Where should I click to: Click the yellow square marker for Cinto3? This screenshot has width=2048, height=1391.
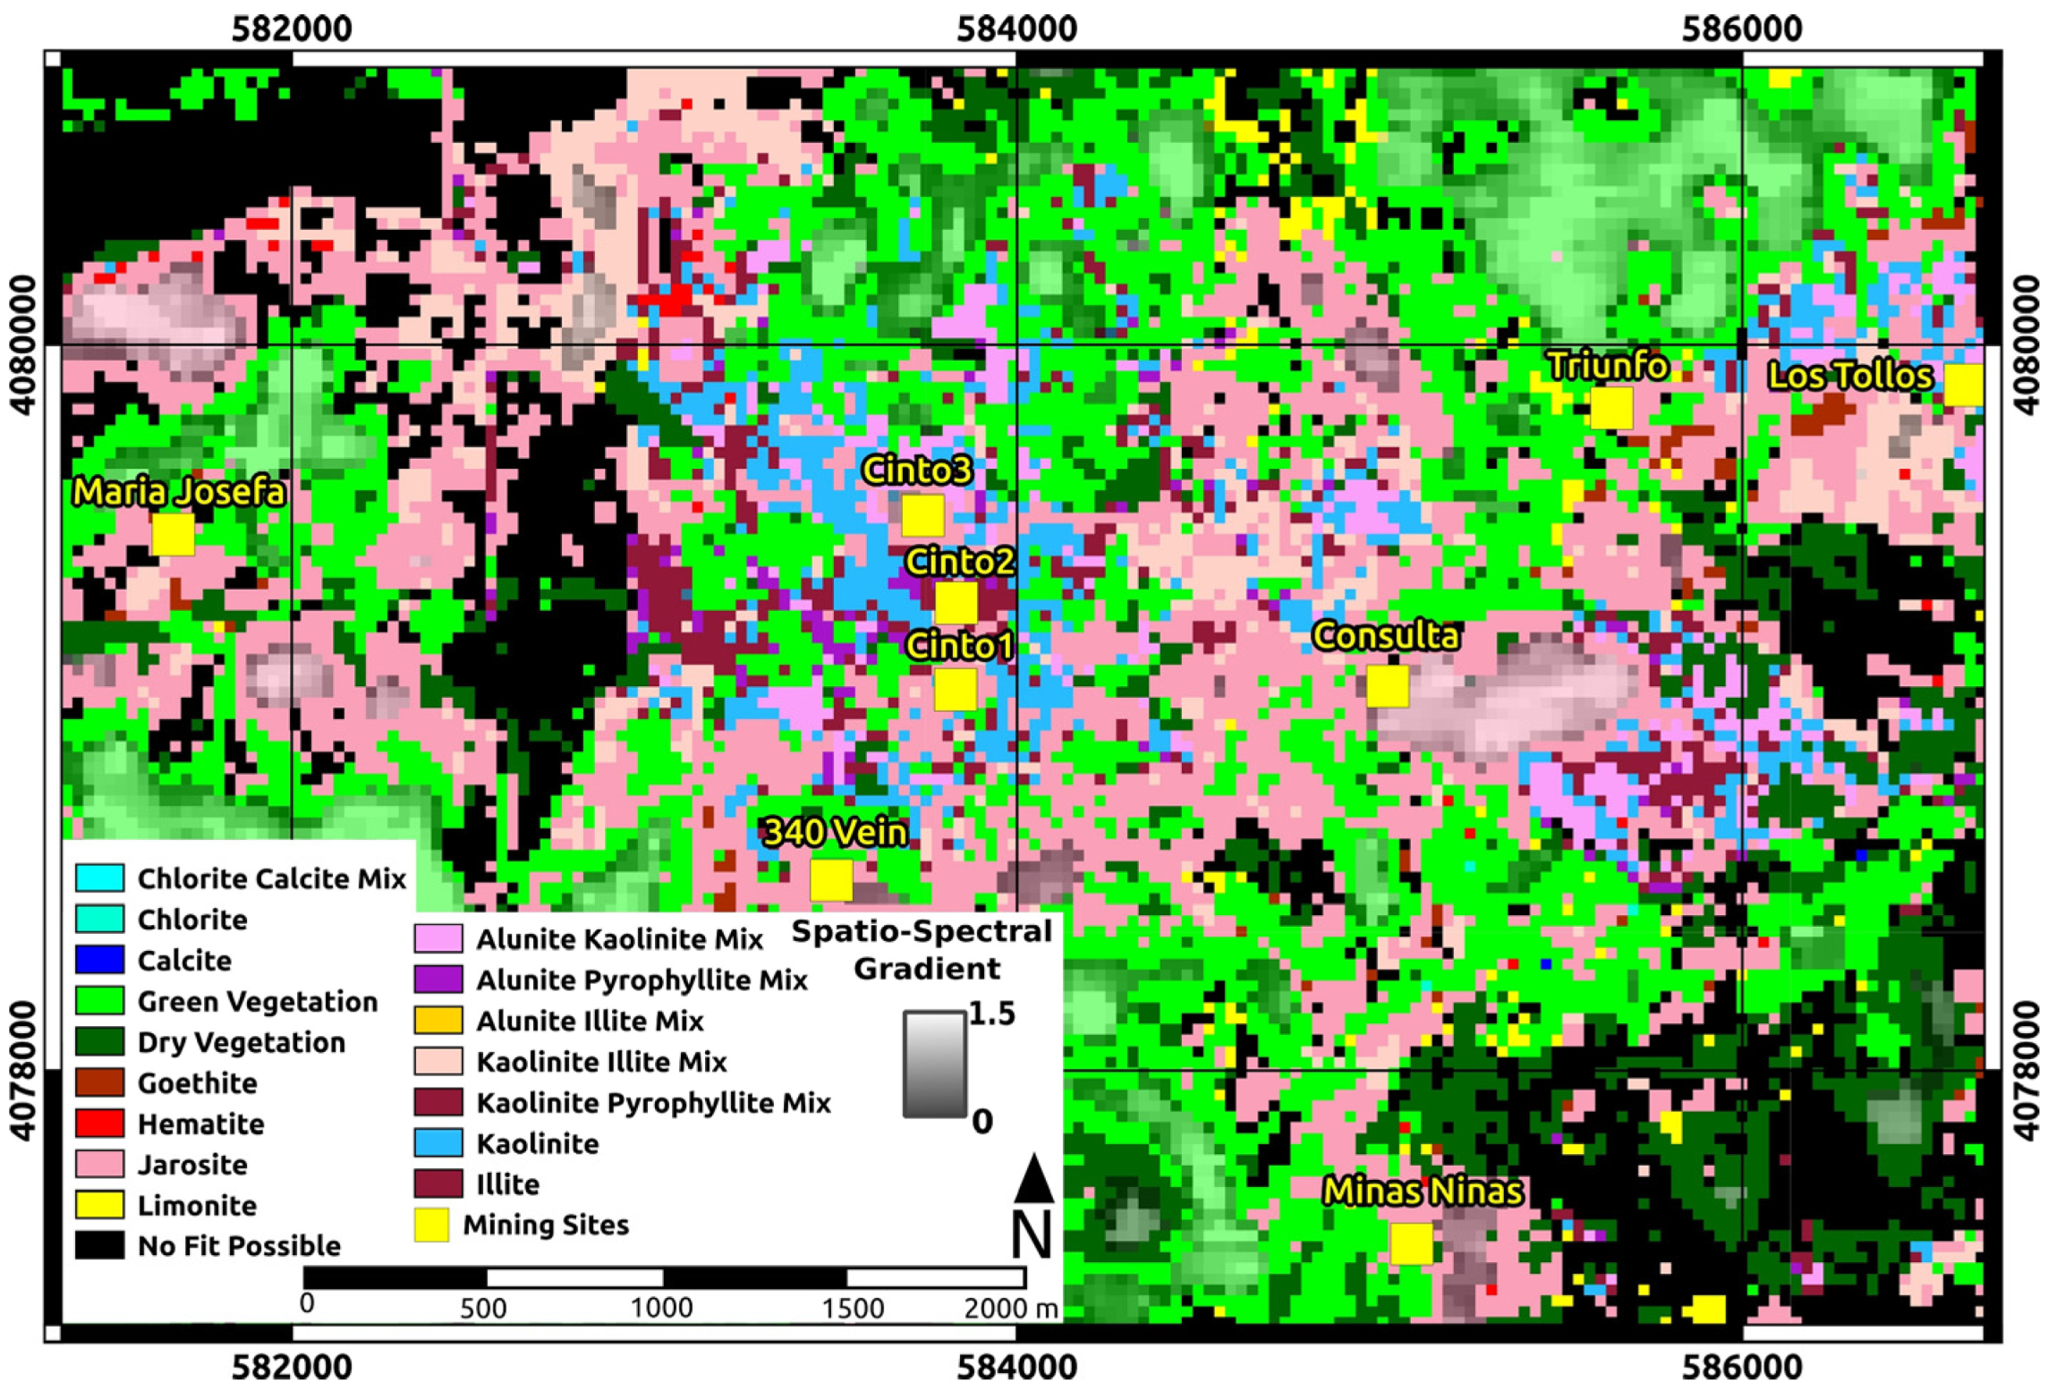[x=922, y=515]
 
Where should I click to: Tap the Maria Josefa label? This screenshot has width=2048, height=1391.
[x=179, y=492]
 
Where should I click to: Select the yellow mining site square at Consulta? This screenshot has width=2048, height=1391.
[x=1387, y=686]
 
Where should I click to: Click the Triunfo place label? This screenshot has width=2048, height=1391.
[x=1608, y=366]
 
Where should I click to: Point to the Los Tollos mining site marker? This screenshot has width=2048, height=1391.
[x=1963, y=386]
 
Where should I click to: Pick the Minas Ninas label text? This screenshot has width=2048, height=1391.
[x=1422, y=1192]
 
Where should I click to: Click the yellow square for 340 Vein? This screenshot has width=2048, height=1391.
[x=830, y=879]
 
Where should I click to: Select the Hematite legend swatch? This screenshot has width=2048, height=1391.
[x=99, y=1124]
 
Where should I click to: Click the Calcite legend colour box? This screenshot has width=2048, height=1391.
[x=99, y=960]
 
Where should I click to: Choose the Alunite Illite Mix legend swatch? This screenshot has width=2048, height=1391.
[x=438, y=1021]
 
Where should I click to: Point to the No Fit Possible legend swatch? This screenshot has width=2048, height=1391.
[x=99, y=1246]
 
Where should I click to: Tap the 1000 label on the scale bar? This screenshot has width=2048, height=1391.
[x=661, y=1308]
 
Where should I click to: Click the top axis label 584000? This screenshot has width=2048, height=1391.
[x=1016, y=29]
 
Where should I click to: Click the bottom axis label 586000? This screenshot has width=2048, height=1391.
[x=1741, y=1368]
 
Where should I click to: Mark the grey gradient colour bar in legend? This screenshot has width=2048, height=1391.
[x=934, y=1064]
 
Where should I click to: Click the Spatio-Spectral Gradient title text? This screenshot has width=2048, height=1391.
[x=923, y=950]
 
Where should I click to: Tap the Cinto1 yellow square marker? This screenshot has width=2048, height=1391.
[x=955, y=690]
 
